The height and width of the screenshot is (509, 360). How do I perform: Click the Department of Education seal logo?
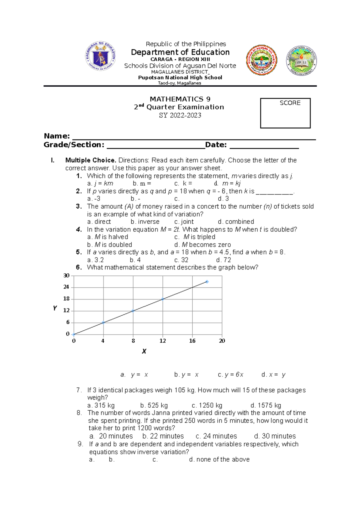tap(100, 56)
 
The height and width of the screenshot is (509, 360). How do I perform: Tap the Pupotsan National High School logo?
tap(301, 61)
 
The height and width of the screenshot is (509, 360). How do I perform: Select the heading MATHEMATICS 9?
tap(180, 99)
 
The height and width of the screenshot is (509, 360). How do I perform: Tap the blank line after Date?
tap(264, 146)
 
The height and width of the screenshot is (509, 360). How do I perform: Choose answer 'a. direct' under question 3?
tap(99, 222)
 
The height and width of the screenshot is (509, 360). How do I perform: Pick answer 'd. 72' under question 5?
tap(223, 260)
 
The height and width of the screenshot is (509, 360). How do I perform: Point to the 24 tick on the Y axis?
tap(66, 287)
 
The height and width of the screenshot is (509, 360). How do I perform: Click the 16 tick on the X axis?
tap(192, 341)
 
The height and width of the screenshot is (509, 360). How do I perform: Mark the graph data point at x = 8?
tap(133, 311)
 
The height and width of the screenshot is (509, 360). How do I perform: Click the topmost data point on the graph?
tap(207, 282)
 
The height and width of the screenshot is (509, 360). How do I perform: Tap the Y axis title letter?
tap(55, 308)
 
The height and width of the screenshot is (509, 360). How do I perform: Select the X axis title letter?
tap(144, 351)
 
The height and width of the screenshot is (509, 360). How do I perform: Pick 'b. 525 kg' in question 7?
tap(154, 406)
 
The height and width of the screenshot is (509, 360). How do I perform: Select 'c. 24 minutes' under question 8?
tap(216, 436)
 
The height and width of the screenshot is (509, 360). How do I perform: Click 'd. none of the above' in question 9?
tap(219, 460)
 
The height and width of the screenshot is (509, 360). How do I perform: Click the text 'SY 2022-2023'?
tap(180, 115)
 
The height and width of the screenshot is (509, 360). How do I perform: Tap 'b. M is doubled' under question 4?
tap(109, 245)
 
